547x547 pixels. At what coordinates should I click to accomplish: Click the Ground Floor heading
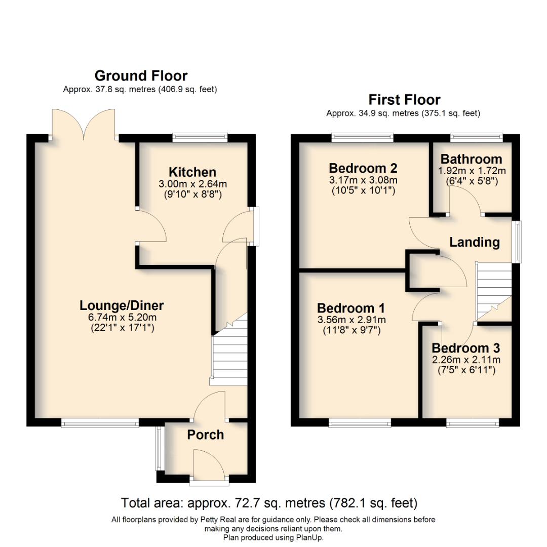[141, 76]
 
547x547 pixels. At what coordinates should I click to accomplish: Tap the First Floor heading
[404, 99]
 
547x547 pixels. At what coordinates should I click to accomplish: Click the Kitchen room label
[192, 172]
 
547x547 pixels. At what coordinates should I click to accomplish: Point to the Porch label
[205, 435]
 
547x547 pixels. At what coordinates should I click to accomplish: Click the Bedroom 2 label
[363, 168]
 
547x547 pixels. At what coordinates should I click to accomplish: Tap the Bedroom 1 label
[351, 308]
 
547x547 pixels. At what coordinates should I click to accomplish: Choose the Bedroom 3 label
[466, 348]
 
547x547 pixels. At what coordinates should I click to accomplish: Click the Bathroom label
[471, 159]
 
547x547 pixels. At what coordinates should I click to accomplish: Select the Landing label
[475, 243]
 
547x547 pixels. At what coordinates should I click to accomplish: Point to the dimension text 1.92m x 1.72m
[472, 171]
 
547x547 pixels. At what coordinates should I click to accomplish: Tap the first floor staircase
[492, 291]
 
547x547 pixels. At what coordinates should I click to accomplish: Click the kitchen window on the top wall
[200, 137]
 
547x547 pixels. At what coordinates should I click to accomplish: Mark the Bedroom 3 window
[472, 421]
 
